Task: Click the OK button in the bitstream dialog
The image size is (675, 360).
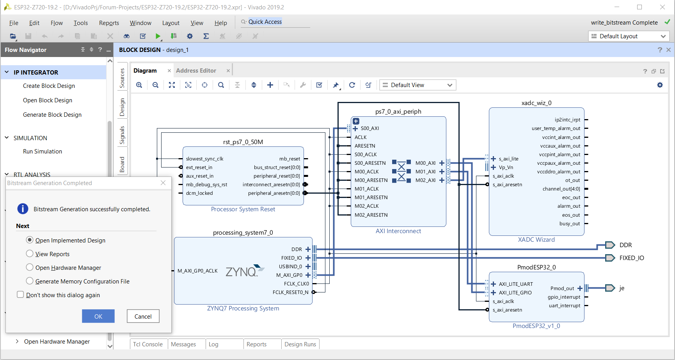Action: (98, 316)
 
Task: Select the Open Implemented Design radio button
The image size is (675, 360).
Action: (30, 240)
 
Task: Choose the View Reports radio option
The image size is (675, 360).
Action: (30, 253)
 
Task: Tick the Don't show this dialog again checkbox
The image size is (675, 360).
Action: (20, 294)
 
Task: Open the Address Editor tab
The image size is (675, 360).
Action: (196, 71)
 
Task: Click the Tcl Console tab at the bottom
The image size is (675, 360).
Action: (148, 344)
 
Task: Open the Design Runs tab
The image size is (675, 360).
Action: (300, 344)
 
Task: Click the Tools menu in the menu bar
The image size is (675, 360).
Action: (81, 23)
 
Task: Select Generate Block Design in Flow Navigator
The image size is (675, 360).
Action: (52, 115)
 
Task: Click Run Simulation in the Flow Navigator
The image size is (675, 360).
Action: (43, 151)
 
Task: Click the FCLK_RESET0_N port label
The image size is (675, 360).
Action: (290, 292)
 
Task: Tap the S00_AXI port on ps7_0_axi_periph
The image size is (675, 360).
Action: (370, 128)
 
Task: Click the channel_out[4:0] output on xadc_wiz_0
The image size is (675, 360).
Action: (561, 189)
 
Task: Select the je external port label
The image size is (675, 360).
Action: (622, 288)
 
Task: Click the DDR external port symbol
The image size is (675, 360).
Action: (610, 245)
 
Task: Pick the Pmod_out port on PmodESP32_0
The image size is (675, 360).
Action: (562, 289)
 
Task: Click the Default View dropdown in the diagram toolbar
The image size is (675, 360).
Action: (417, 85)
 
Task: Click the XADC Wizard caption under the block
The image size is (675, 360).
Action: (536, 240)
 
